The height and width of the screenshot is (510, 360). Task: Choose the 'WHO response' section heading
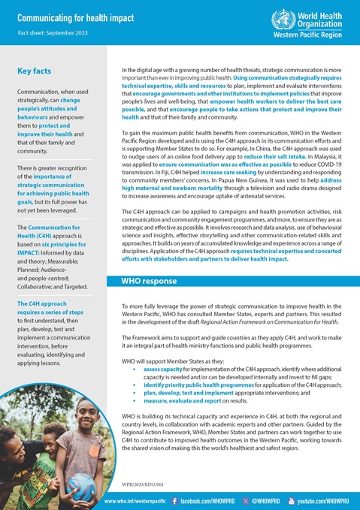coord(150,281)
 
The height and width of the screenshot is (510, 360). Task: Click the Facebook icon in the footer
coord(175,500)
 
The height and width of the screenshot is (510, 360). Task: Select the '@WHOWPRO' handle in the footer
coord(264,500)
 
